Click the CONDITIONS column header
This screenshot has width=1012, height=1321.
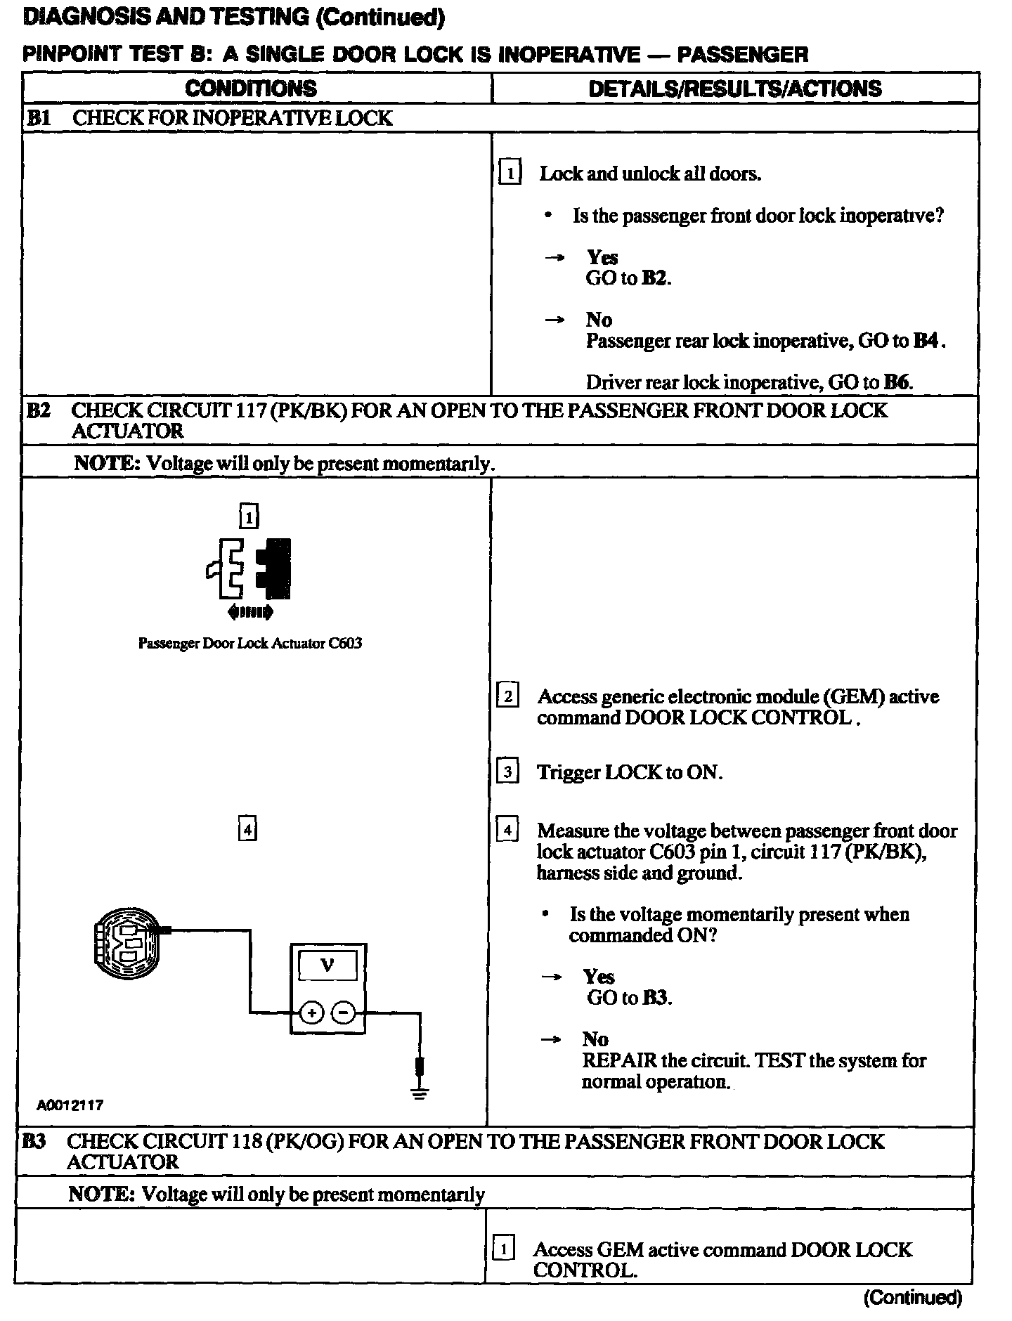pos(251,89)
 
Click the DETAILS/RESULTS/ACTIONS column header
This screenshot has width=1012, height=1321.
pos(734,89)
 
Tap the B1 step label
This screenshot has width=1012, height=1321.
pos(38,118)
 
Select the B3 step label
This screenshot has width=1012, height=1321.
pos(33,1141)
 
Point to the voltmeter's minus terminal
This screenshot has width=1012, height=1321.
pos(343,1013)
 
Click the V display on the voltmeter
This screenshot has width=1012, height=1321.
pos(327,965)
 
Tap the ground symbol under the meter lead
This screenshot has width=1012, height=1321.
pos(420,1093)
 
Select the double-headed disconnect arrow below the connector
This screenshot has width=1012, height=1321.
pos(250,612)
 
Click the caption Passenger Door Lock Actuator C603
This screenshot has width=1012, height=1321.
pos(249,643)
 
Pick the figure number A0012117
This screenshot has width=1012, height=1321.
pos(70,1105)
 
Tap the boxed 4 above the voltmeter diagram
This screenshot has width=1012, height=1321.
pos(247,830)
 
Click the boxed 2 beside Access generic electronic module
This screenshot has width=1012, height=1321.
pos(507,696)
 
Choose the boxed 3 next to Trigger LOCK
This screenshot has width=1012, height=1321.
pos(507,772)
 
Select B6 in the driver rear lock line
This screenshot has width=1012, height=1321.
pos(897,382)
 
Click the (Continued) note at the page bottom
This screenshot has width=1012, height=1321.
pos(912,1297)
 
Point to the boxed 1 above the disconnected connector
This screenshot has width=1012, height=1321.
pos(249,517)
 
